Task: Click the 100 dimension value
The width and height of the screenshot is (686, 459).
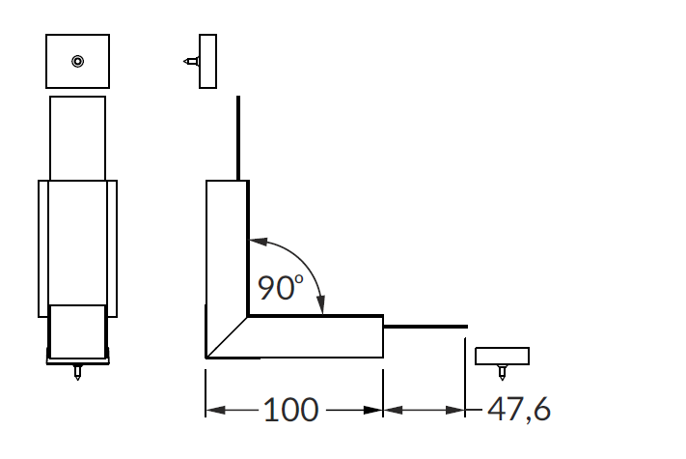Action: (x=291, y=410)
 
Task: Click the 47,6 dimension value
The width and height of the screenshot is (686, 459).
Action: (x=519, y=410)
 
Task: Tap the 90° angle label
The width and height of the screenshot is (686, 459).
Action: (x=281, y=287)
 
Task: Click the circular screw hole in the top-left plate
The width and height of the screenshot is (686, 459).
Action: (x=78, y=61)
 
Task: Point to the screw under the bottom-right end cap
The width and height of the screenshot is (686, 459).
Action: (x=503, y=372)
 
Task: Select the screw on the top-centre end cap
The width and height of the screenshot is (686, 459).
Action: (x=191, y=61)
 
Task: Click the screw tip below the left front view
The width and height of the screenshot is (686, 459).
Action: (x=77, y=372)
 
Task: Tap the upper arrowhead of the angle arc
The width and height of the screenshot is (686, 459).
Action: (x=259, y=242)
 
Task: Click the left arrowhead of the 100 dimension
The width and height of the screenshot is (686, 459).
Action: (x=216, y=410)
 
